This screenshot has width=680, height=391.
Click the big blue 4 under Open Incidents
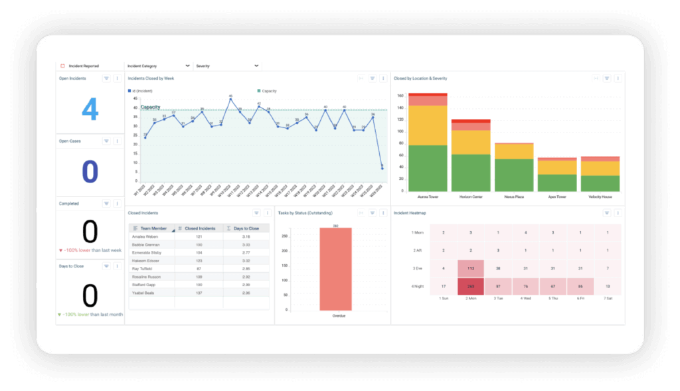[x=90, y=110]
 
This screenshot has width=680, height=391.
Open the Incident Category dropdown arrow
[x=188, y=66]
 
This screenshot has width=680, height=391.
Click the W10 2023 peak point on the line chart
[x=230, y=100]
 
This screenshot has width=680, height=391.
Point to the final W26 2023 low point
[x=382, y=169]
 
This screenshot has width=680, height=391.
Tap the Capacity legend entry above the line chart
[x=267, y=91]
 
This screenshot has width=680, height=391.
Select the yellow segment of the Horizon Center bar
[x=471, y=142]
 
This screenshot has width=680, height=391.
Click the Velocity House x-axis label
[x=600, y=197]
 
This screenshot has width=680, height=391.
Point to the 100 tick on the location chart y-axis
[x=400, y=131]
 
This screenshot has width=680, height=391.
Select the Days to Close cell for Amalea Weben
[x=246, y=236]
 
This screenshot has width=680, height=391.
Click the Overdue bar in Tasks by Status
[x=335, y=269]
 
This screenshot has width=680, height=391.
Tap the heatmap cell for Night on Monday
[x=471, y=287]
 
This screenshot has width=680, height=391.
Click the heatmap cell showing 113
[x=471, y=268]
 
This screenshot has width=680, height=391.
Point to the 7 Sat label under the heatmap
[x=608, y=299]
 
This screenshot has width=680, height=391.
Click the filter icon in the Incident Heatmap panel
[x=607, y=213]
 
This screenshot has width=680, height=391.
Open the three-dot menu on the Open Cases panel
[x=117, y=141]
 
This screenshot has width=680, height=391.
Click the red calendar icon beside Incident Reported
[x=62, y=66]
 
